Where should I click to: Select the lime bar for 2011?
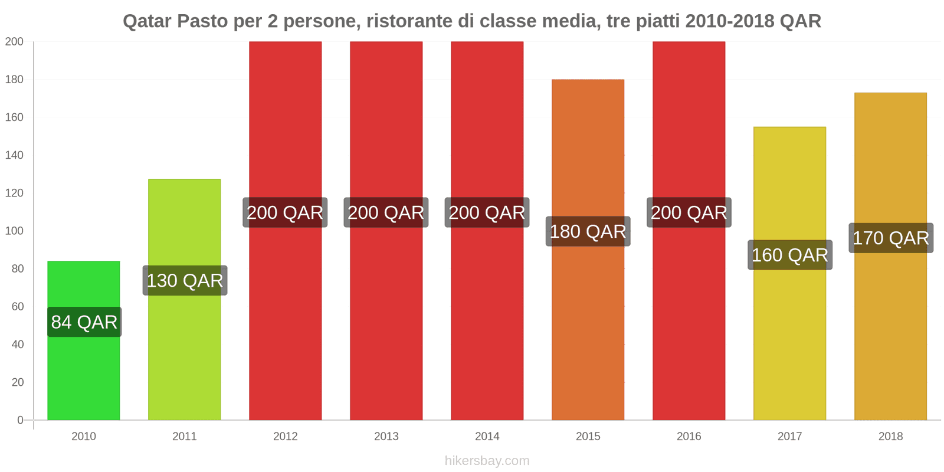pyautogui.click(x=185, y=354)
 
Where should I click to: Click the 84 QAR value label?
pyautogui.click(x=84, y=322)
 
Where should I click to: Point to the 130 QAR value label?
pyautogui.click(x=185, y=280)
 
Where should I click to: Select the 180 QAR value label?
pyautogui.click(x=588, y=231)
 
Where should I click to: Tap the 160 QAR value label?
pyautogui.click(x=790, y=255)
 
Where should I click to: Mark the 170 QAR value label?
pyautogui.click(x=891, y=238)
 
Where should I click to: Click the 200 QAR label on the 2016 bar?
pyautogui.click(x=689, y=212)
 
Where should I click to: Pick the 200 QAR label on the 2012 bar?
pyautogui.click(x=285, y=212)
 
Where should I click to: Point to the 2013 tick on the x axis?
pyautogui.click(x=386, y=437)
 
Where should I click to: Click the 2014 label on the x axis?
pyautogui.click(x=487, y=437)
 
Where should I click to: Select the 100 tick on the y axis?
pyautogui.click(x=14, y=231)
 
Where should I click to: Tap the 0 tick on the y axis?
pyautogui.click(x=20, y=420)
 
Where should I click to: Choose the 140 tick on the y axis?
pyautogui.click(x=14, y=155)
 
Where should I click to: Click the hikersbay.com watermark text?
pyautogui.click(x=487, y=461)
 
